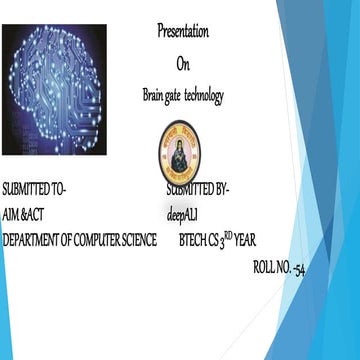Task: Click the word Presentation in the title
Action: pos(183,31)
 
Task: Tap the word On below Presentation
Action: pos(183,63)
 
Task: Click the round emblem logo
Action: pos(180,153)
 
